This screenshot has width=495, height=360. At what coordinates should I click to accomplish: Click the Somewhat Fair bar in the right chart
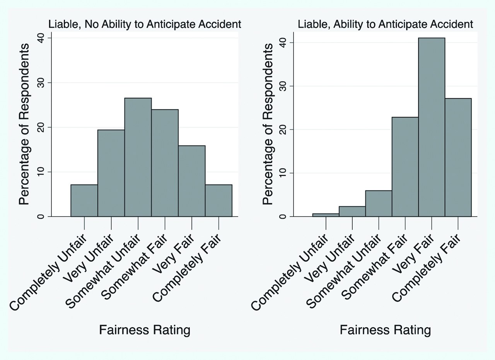click(x=405, y=167)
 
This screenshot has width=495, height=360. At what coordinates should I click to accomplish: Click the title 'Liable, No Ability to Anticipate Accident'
click(x=145, y=24)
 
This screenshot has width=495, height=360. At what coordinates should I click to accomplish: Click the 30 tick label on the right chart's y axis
click(x=283, y=86)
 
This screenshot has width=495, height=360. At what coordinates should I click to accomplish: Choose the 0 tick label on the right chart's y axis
click(x=283, y=216)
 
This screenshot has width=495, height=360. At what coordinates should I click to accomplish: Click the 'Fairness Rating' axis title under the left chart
click(x=145, y=330)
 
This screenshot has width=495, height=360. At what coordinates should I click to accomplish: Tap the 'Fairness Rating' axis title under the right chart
click(x=385, y=330)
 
